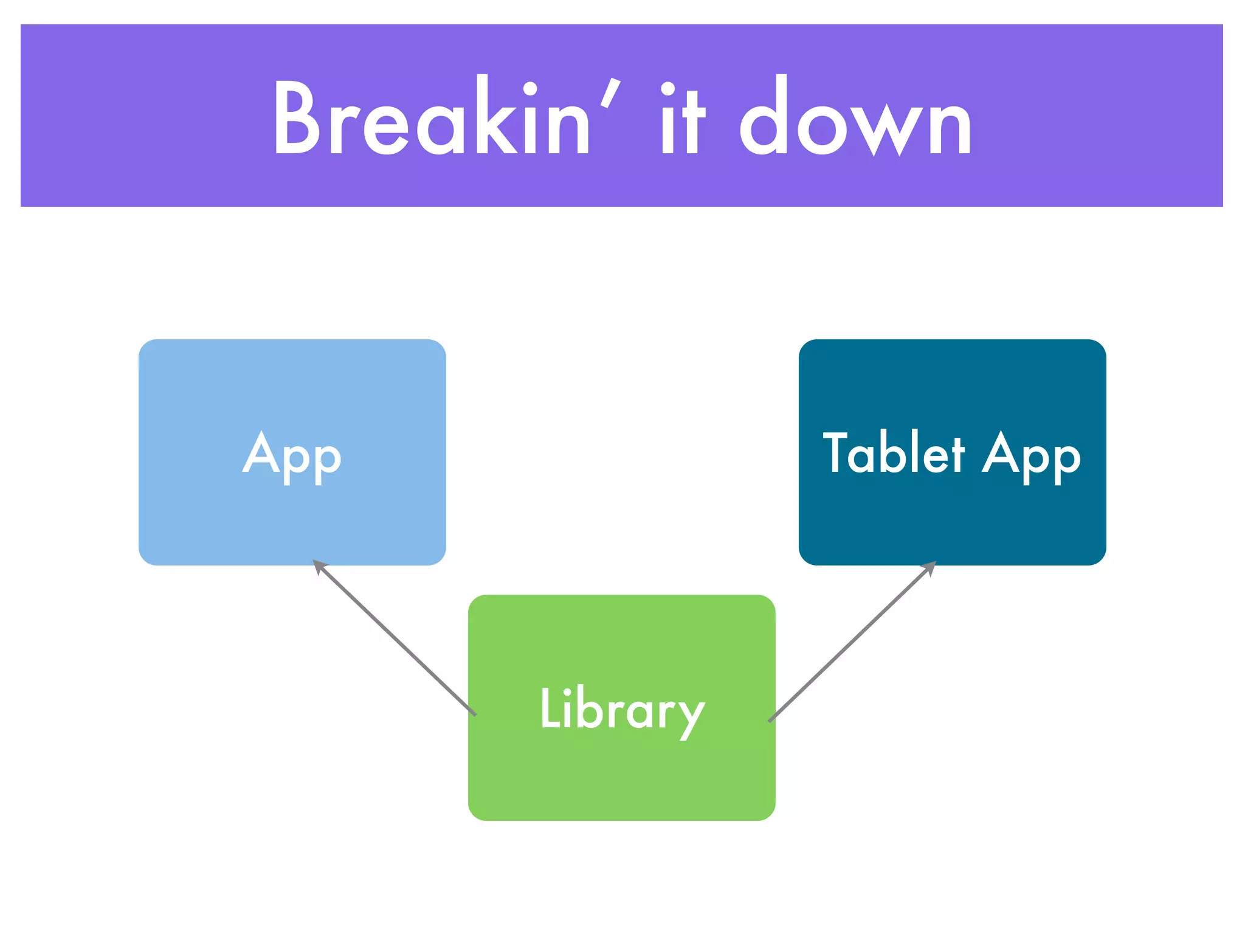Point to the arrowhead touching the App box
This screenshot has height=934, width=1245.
(x=319, y=566)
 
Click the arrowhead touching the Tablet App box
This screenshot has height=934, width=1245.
(x=929, y=567)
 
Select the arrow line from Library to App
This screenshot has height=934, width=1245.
(x=395, y=638)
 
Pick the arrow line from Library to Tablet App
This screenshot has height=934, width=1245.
(x=851, y=643)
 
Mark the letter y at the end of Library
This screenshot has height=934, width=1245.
(x=692, y=718)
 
